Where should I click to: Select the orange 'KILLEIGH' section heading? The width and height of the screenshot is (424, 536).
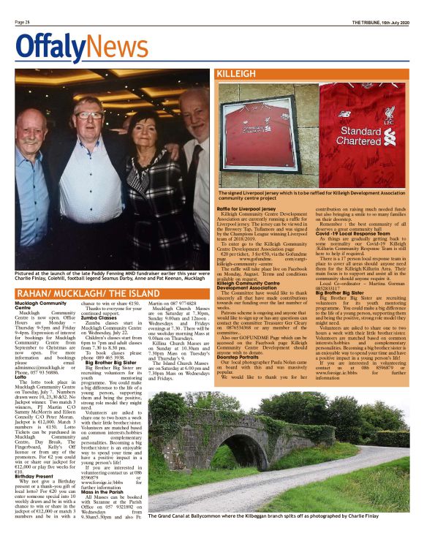pyautogui.click(x=235, y=75)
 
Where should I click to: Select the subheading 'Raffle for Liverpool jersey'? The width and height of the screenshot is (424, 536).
pyautogui.click(x=249, y=208)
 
